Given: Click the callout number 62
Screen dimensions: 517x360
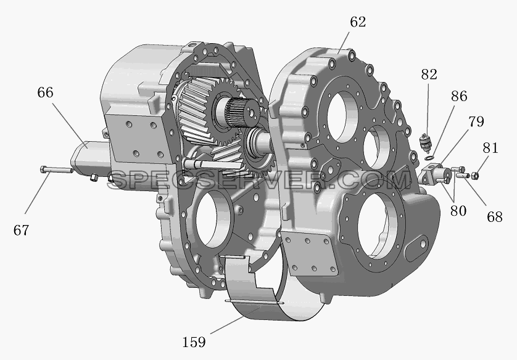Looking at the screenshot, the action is tap(358, 22).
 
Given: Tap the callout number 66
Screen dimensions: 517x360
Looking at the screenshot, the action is tap(45, 92).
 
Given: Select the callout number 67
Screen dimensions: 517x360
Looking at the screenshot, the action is tap(21, 230).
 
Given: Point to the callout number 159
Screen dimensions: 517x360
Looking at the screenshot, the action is tap(194, 342).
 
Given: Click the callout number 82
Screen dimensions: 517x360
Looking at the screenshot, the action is tap(429, 75).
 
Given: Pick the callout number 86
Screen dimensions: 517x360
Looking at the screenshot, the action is tap(459, 96).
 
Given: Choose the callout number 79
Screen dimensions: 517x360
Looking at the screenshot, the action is tap(476, 121).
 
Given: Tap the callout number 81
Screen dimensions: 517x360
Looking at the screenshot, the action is tap(490, 148).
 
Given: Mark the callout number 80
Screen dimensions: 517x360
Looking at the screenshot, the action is tap(458, 211).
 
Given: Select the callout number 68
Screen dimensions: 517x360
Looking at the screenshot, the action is tap(495, 217).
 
